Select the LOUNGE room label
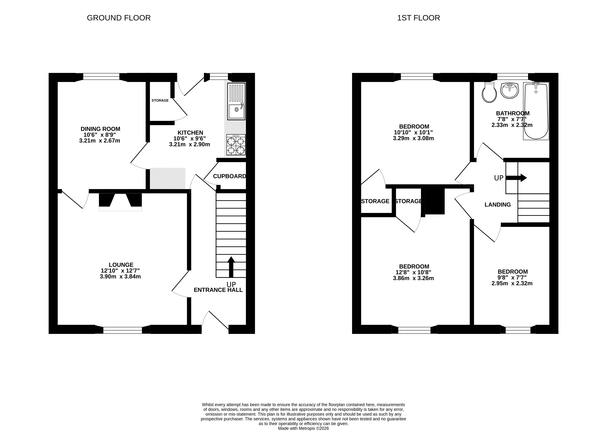pyautogui.click(x=121, y=265)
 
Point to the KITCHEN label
pyautogui.click(x=190, y=133)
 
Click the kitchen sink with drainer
pyautogui.click(x=236, y=101)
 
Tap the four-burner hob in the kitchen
pyautogui.click(x=236, y=145)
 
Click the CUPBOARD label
pyautogui.click(x=230, y=176)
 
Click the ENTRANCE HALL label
pyautogui.click(x=218, y=290)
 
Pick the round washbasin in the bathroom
pyautogui.click(x=509, y=91)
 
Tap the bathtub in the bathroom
pyautogui.click(x=536, y=111)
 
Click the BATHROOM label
pyautogui.click(x=513, y=113)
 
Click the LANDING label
pyautogui.click(x=498, y=205)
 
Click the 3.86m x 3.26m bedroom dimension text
pyautogui.click(x=413, y=278)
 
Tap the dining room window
pyautogui.click(x=101, y=77)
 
